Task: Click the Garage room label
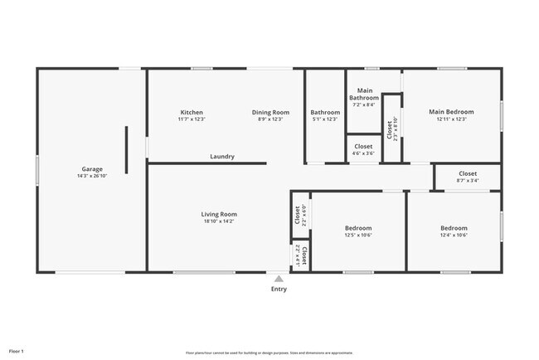click(x=91, y=168)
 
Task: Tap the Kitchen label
click(x=192, y=112)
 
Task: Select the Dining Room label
click(x=270, y=112)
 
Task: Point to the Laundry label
click(x=222, y=156)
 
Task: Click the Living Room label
click(x=219, y=214)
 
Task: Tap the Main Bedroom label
click(x=451, y=112)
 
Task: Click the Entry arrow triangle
click(x=279, y=280)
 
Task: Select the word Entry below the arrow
click(x=279, y=289)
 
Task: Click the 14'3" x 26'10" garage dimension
click(x=91, y=176)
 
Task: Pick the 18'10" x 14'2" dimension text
click(x=219, y=221)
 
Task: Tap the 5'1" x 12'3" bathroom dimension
click(x=325, y=119)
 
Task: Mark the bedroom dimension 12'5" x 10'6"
click(x=358, y=235)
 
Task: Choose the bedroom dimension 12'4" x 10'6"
click(x=454, y=235)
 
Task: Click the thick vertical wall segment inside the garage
click(x=127, y=149)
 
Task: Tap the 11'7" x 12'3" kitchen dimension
click(x=192, y=119)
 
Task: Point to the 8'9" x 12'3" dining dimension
click(x=270, y=119)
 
